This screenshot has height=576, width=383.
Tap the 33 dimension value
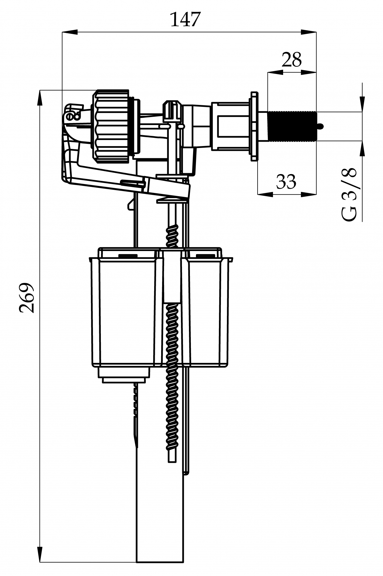tap(286, 181)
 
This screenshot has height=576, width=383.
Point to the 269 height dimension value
tap(26, 298)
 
